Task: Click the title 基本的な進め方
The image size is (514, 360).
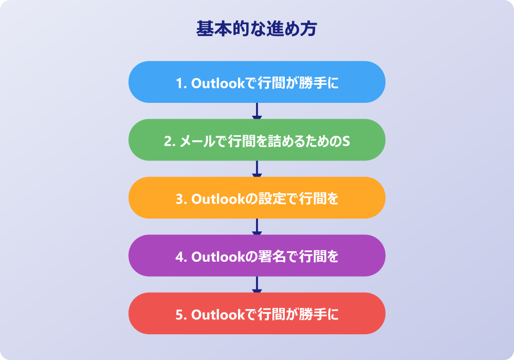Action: tap(256, 29)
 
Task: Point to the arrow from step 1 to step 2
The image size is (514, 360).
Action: tap(257, 111)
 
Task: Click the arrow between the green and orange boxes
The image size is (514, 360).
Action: tap(257, 169)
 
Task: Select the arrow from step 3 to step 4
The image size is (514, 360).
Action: tap(257, 227)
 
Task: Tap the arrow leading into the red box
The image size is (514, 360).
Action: tap(257, 284)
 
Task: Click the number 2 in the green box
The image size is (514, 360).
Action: tap(168, 141)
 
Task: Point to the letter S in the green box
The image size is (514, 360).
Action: tap(346, 141)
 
